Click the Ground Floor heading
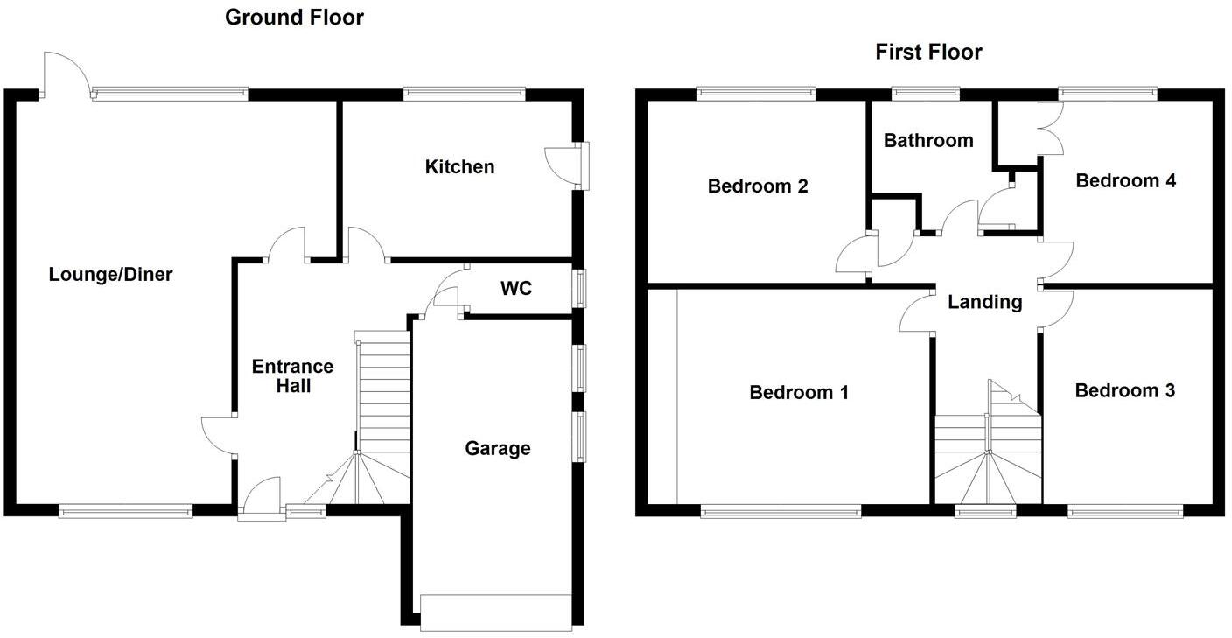click(x=294, y=17)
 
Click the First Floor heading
click(x=928, y=52)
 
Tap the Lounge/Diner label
click(x=110, y=275)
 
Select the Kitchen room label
click(x=459, y=166)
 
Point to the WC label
click(x=515, y=289)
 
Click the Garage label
click(x=497, y=449)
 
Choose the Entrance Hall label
click(x=292, y=375)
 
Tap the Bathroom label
click(x=927, y=140)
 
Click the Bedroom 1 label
click(x=798, y=392)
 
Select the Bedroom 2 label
click(x=757, y=186)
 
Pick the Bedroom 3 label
click(x=1124, y=390)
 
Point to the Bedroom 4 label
click(x=1125, y=180)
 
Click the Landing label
click(x=984, y=302)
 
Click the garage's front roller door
click(x=495, y=611)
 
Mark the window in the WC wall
click(x=579, y=289)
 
